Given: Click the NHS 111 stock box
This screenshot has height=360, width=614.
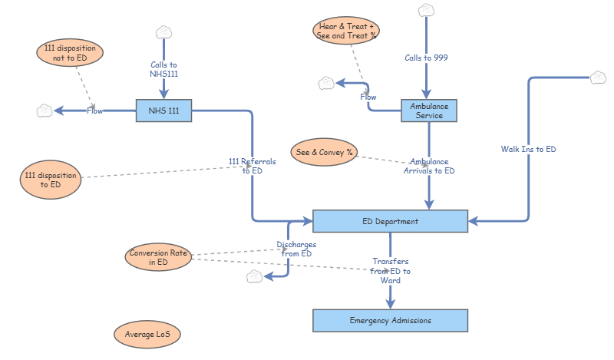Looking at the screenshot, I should pyautogui.click(x=163, y=111).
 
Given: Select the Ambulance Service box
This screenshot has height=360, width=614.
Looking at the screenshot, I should pyautogui.click(x=428, y=111).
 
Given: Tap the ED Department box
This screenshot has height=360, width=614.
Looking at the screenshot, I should pyautogui.click(x=390, y=221).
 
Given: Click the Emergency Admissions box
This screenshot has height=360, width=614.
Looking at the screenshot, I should pyautogui.click(x=390, y=320).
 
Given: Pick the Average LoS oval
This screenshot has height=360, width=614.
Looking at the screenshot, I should pyautogui.click(x=147, y=335).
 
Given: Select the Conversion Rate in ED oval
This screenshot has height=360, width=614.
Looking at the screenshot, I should pyautogui.click(x=158, y=258).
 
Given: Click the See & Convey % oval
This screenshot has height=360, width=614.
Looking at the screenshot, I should pyautogui.click(x=324, y=152).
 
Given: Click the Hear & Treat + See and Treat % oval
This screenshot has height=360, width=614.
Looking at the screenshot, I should pyautogui.click(x=347, y=31).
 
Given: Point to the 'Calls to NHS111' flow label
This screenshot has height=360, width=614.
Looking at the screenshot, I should pyautogui.click(x=163, y=70).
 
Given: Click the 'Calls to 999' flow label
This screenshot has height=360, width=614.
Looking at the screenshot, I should pyautogui.click(x=427, y=58).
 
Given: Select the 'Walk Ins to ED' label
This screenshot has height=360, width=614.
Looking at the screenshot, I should pyautogui.click(x=528, y=149).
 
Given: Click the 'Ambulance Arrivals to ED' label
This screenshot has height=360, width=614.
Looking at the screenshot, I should pyautogui.click(x=429, y=167).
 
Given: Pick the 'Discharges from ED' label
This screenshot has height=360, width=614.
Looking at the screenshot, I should pyautogui.click(x=295, y=249).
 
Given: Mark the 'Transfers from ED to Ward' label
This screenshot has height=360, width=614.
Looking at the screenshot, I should pyautogui.click(x=390, y=271).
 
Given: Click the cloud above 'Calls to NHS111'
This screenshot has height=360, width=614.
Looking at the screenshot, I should pyautogui.click(x=163, y=32).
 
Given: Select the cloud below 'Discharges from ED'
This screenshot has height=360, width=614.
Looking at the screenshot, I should pyautogui.click(x=255, y=276).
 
